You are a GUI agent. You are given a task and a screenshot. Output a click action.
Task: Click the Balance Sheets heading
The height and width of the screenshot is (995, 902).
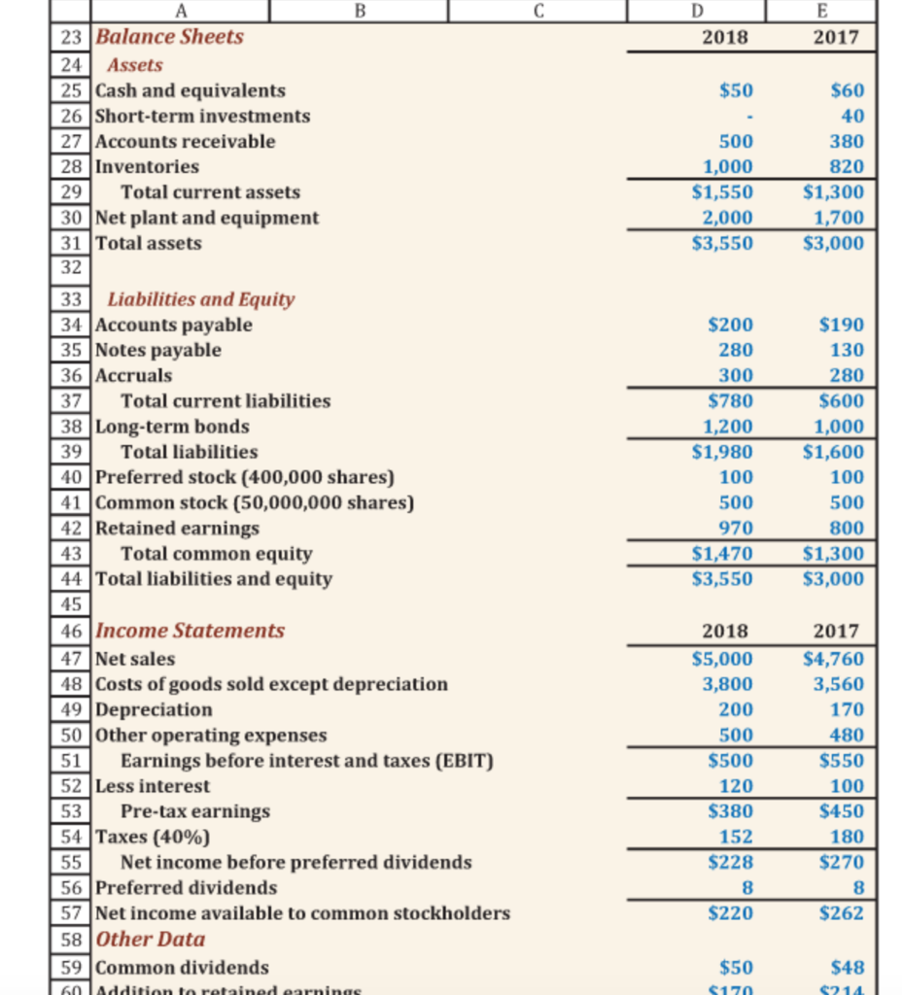170,37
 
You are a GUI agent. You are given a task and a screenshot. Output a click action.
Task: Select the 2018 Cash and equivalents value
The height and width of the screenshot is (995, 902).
736,90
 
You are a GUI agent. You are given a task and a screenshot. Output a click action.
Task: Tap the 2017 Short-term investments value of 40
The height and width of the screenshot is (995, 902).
852,116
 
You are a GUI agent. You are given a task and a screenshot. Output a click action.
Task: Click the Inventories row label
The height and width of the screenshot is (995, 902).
147,166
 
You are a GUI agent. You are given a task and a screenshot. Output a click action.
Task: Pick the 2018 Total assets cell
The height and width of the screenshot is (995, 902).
722,243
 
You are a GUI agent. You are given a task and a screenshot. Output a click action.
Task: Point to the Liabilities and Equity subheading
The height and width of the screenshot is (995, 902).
201,299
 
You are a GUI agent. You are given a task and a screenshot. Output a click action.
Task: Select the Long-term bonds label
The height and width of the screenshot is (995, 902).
172,427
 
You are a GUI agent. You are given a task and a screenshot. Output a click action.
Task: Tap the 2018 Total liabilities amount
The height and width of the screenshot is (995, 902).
722,452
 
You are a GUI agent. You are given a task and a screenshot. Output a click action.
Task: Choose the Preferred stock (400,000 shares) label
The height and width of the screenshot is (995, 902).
245,477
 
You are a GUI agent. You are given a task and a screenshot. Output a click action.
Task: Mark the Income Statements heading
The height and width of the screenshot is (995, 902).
191,631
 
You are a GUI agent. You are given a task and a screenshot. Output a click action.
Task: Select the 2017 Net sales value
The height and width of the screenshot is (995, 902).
834,659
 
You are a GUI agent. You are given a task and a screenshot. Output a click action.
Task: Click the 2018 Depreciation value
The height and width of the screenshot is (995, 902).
736,709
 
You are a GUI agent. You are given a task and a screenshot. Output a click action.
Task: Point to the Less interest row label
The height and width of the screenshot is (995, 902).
153,785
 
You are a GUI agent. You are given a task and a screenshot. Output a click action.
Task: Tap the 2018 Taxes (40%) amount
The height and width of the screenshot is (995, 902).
736,837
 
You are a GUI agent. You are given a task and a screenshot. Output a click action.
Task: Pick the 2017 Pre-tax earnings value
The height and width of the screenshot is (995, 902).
842,810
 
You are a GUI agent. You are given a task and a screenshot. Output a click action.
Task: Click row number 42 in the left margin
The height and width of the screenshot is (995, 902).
70,529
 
